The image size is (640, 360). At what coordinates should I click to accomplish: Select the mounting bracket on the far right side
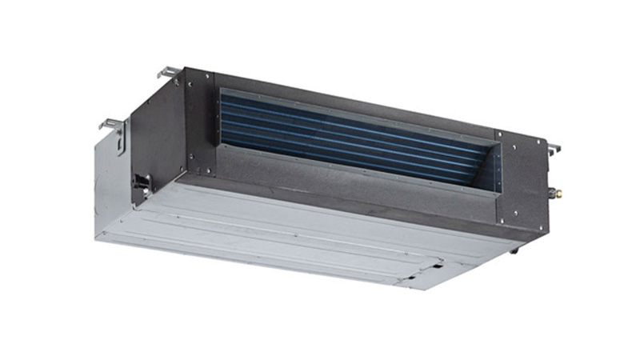coord(553,148)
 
